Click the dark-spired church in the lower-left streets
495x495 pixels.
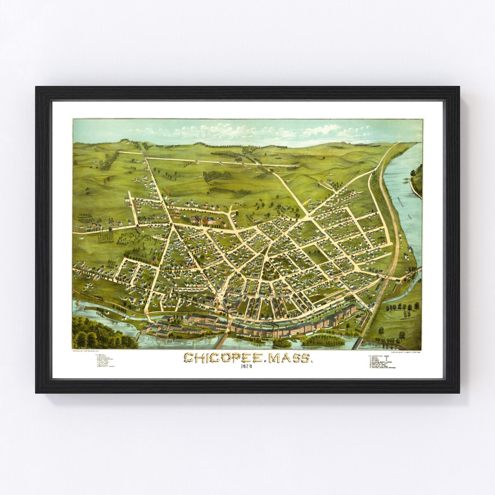[190, 264]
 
